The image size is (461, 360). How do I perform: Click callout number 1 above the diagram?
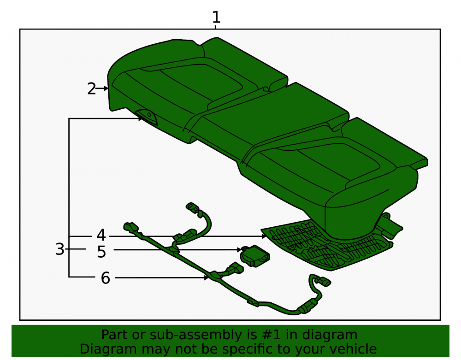tap(216, 17)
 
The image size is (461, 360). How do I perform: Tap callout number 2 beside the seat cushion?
tap(91, 89)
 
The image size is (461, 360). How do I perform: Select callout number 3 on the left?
tap(59, 249)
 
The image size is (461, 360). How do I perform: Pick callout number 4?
tap(101, 235)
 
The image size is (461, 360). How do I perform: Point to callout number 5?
tap(101, 252)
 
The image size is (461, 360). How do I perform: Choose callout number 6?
tap(105, 278)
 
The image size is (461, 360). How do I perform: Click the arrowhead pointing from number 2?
tap(106, 88)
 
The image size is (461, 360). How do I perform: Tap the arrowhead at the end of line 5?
tap(239, 250)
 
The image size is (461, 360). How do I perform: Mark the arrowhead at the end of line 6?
tap(207, 277)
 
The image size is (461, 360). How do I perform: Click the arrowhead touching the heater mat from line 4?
tap(264, 236)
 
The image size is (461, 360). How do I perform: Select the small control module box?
tap(255, 256)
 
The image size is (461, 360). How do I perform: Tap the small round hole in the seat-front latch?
tap(149, 114)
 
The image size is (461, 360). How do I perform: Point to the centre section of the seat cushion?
tap(273, 118)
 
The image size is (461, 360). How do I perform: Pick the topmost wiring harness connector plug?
tap(193, 207)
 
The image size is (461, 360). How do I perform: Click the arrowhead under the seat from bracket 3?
tap(141, 118)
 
